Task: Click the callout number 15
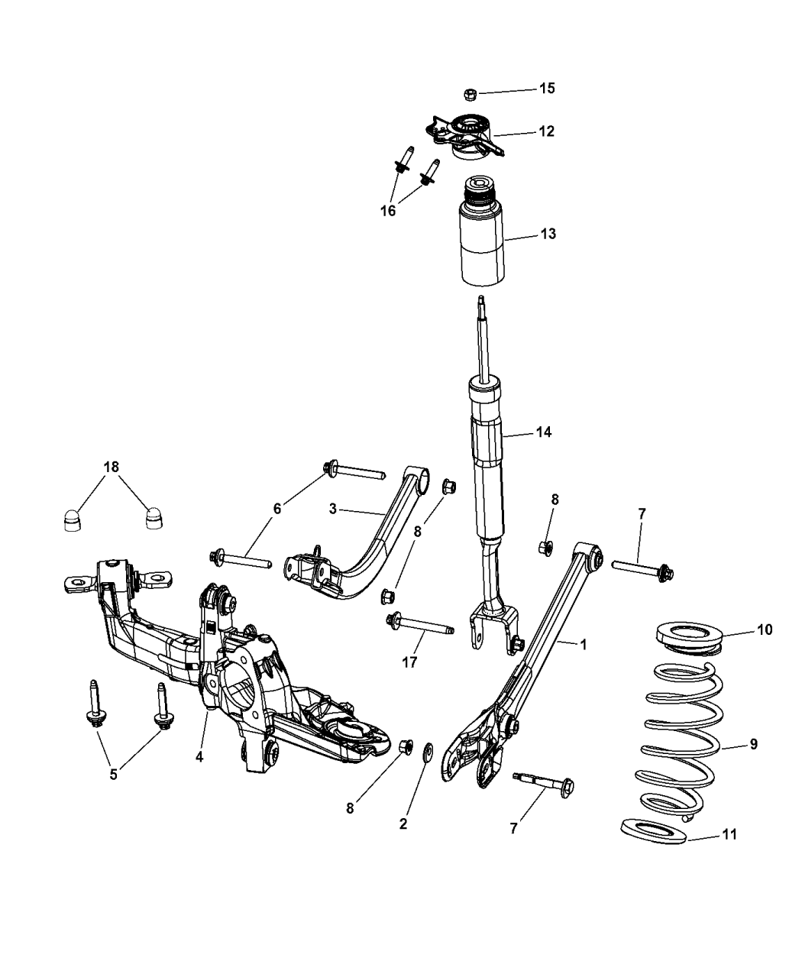(x=547, y=88)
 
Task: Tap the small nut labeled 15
(x=471, y=94)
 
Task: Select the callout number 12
(x=546, y=131)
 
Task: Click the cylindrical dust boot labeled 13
(x=480, y=243)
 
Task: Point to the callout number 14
(x=543, y=432)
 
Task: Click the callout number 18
(x=112, y=466)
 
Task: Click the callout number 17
(x=409, y=662)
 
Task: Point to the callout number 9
(x=753, y=743)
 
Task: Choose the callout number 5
(x=113, y=774)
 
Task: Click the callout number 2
(x=403, y=824)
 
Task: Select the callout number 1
(x=583, y=644)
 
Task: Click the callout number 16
(x=388, y=211)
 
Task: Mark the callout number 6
(x=277, y=507)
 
